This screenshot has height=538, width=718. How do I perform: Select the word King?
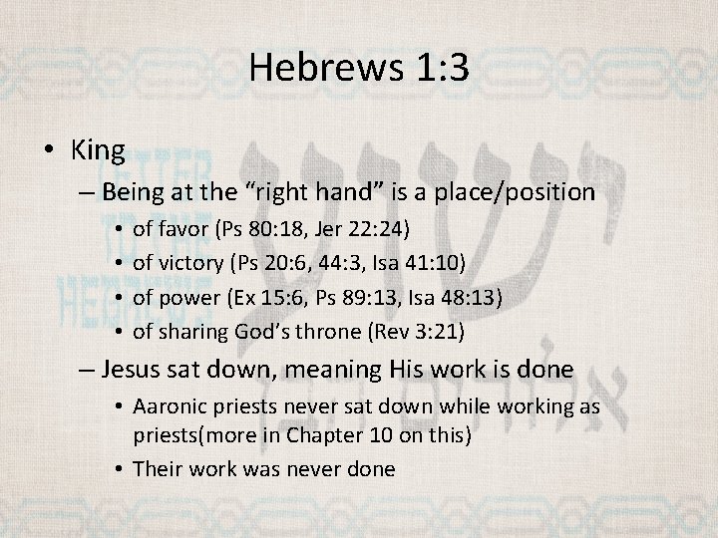click(98, 150)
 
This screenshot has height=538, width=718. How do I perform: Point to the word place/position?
click(511, 191)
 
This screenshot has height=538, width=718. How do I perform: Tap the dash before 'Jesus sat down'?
click(87, 370)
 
